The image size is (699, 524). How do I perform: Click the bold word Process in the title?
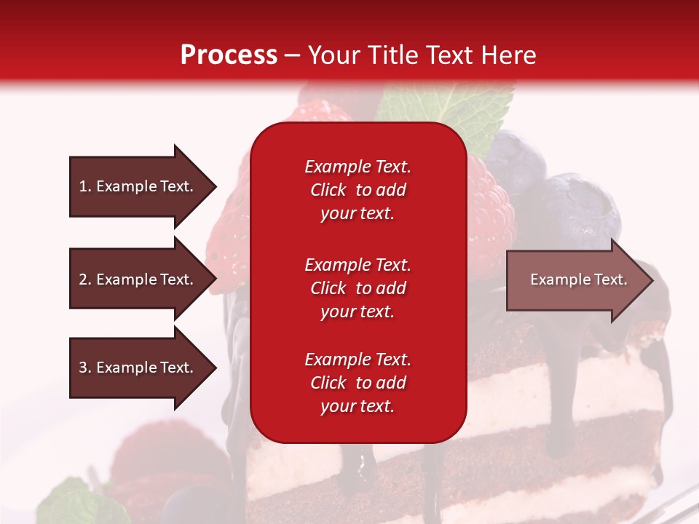coord(229,55)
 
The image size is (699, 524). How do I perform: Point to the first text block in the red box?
coord(358,190)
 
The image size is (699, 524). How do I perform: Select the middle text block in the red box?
coord(358,288)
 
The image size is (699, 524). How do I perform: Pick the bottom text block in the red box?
coord(358,383)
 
